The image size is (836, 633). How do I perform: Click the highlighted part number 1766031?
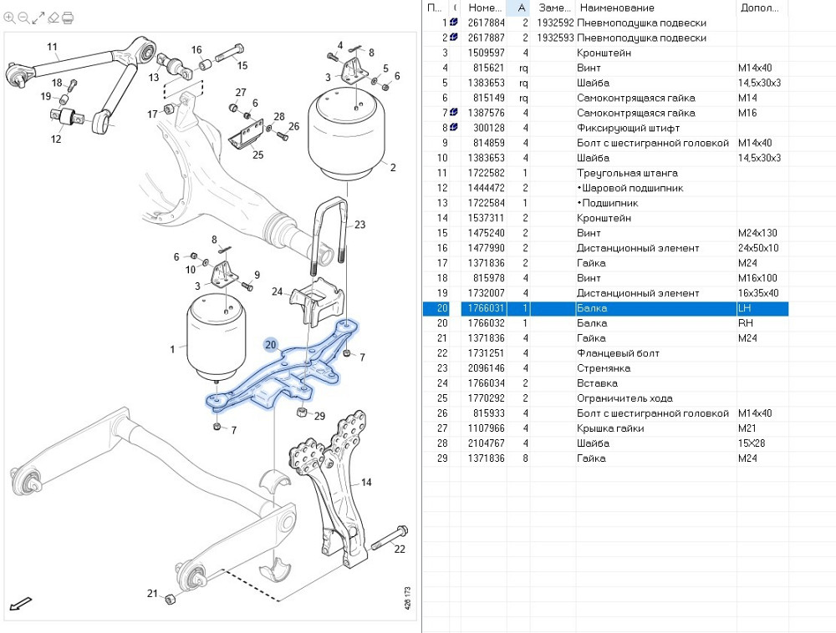(486, 308)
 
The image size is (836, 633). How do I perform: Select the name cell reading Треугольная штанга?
(627, 173)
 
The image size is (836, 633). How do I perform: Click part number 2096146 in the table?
(486, 368)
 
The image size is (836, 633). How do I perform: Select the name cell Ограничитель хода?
(624, 398)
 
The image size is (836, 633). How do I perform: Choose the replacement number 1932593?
(555, 38)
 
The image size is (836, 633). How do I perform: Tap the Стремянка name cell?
(604, 368)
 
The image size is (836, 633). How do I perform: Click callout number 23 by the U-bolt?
(359, 224)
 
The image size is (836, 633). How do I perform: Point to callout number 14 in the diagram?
(366, 483)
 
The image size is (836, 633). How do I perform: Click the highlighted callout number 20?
(270, 344)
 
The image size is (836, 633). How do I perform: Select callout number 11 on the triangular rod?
(52, 47)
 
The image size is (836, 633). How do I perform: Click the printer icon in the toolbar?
(68, 17)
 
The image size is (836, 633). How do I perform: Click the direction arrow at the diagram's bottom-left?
(20, 603)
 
